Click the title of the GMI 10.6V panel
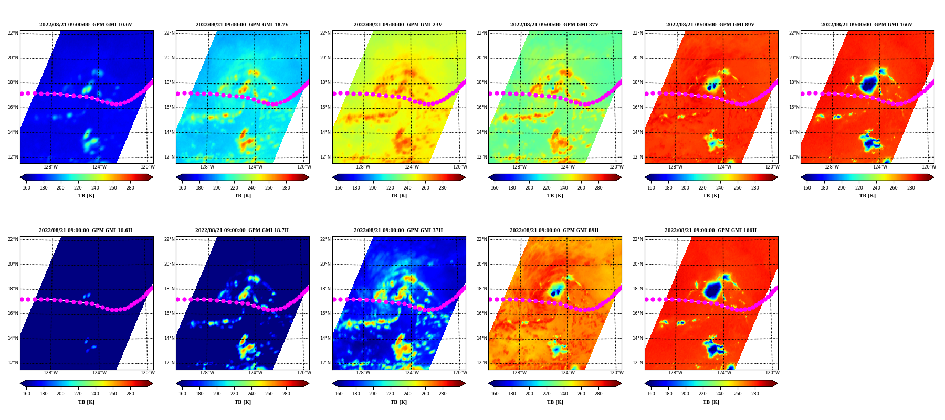tap(86, 25)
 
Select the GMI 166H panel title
tap(710, 230)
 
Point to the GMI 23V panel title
tap(398, 25)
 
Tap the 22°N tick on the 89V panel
tap(638, 33)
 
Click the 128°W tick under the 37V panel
tap(519, 167)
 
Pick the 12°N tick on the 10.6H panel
tap(13, 363)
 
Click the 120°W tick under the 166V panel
tap(929, 167)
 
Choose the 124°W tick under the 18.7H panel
tap(255, 373)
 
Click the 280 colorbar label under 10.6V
tap(130, 188)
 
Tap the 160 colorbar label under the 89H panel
tap(495, 394)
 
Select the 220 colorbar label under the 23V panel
tap(390, 188)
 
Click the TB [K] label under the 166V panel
tap(867, 196)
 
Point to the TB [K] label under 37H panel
tap(398, 402)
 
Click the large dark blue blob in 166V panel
tap(869, 84)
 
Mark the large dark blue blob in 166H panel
tap(713, 290)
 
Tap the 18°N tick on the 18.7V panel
tap(169, 82)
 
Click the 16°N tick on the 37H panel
tap(325, 313)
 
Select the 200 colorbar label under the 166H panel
tap(686, 394)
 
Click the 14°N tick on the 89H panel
tap(481, 338)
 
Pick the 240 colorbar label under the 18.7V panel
tap(251, 188)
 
